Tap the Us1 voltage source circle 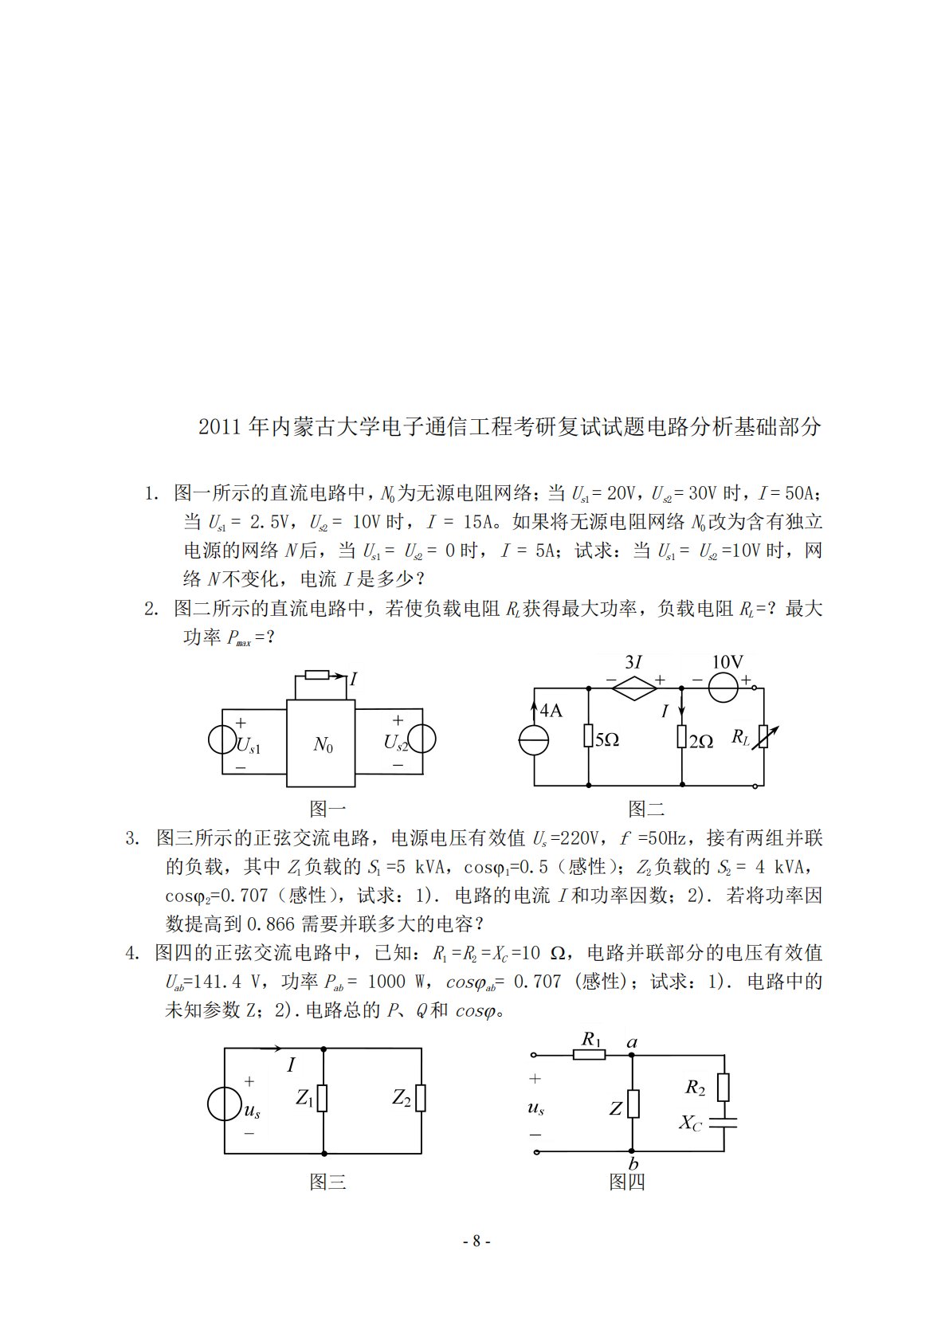222,739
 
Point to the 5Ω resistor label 607,740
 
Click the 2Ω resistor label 701,741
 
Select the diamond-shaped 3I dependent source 635,688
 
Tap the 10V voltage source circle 724,687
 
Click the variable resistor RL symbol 763,737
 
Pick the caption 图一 327,809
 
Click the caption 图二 646,809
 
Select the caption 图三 327,1182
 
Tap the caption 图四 627,1182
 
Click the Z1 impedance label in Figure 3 304,1098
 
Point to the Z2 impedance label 402,1098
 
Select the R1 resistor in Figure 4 590,1055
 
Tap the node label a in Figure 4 633,1042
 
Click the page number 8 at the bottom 476,1241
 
